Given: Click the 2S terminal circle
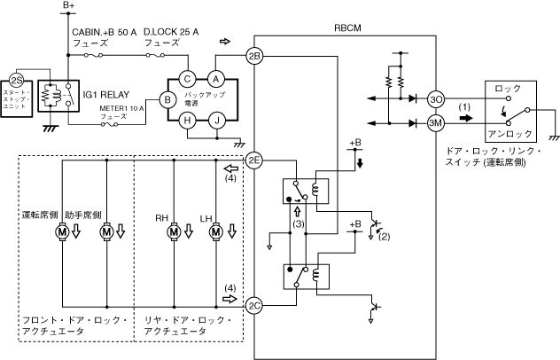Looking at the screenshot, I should coord(15,80).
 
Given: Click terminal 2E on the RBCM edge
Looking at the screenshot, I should coord(255,160).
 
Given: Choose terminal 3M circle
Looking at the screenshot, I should coord(435,124).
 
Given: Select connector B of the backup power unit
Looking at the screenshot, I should coord(165,100).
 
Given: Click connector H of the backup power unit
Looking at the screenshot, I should coord(187,123).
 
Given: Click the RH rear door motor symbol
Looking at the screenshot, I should coord(174,231).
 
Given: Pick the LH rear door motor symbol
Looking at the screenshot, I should coord(214,231).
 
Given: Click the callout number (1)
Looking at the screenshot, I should coord(464,107).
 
